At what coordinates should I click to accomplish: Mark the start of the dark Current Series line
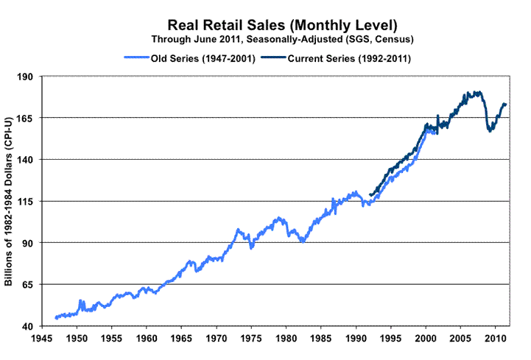(370, 194)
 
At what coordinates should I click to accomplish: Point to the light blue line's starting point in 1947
(55, 318)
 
